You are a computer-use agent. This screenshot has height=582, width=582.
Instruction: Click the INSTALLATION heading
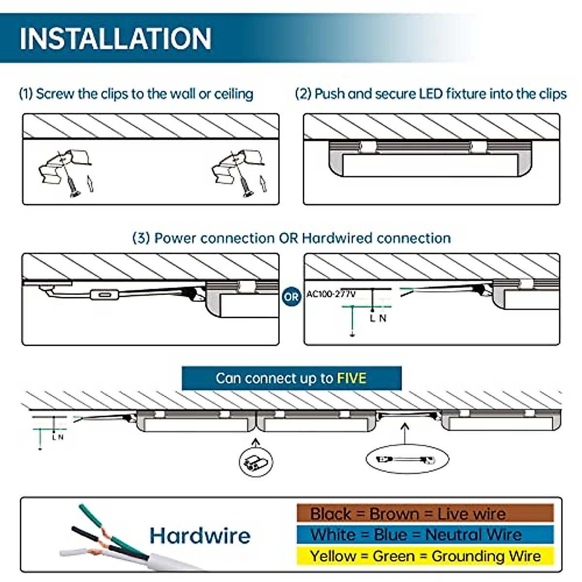click(115, 38)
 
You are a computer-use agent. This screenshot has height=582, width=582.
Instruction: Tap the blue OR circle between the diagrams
click(291, 297)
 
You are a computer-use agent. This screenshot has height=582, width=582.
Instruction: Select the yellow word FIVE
click(352, 378)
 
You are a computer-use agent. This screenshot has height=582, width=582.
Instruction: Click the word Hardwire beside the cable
click(200, 536)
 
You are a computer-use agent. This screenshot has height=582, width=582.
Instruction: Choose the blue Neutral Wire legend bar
click(425, 534)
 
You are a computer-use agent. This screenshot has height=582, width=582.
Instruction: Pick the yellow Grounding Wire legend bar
click(425, 556)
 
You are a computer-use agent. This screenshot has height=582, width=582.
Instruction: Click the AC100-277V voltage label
click(331, 294)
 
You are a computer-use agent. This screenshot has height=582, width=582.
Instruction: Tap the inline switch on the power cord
click(104, 294)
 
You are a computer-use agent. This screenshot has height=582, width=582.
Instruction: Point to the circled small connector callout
click(256, 462)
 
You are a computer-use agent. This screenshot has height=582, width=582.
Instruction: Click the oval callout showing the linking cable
click(407, 460)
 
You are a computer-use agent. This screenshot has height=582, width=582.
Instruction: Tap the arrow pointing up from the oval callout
click(404, 434)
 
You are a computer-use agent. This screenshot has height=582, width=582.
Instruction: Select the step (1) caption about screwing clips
click(136, 94)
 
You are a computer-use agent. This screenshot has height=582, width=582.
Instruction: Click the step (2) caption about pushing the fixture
click(431, 94)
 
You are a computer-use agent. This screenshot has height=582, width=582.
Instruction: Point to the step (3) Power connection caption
click(291, 238)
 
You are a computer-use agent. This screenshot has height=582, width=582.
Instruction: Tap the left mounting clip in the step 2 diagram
click(368, 147)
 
